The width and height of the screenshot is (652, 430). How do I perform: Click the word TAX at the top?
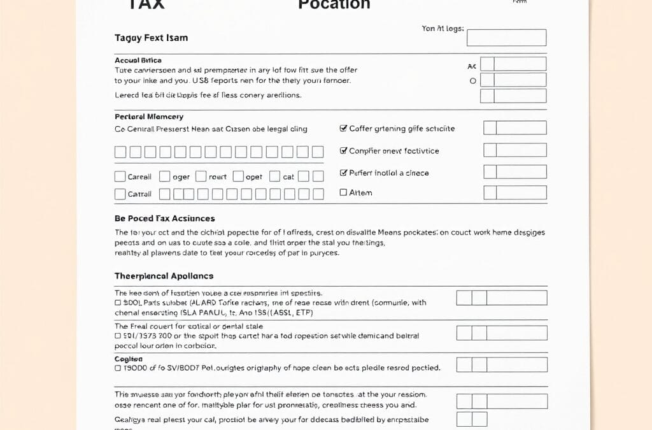[146, 4]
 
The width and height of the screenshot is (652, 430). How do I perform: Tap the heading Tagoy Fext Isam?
[151, 38]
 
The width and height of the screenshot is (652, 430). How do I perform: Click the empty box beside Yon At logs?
[506, 38]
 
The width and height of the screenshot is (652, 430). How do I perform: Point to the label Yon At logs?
[443, 29]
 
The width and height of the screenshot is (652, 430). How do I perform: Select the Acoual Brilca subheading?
[138, 60]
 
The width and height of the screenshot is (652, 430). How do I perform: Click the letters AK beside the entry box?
[472, 66]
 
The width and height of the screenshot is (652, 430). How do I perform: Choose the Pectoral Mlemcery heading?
[149, 117]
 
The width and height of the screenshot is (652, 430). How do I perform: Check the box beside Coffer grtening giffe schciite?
[344, 129]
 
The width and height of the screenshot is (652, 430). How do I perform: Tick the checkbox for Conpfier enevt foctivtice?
[344, 151]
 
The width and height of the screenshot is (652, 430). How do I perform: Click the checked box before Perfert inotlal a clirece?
[344, 173]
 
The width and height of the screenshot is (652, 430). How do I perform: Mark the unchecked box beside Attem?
[344, 192]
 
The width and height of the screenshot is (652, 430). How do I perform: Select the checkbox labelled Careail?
[120, 176]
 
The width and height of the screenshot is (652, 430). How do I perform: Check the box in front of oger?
[164, 176]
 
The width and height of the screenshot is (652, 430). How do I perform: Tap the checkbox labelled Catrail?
[120, 194]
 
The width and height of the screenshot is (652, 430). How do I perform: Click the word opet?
[253, 177]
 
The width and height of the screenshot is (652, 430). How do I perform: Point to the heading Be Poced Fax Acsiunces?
[164, 219]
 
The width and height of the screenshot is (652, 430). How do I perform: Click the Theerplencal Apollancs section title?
[164, 276]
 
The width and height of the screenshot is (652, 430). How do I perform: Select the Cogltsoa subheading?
[129, 359]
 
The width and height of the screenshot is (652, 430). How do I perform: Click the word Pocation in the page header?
[334, 4]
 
